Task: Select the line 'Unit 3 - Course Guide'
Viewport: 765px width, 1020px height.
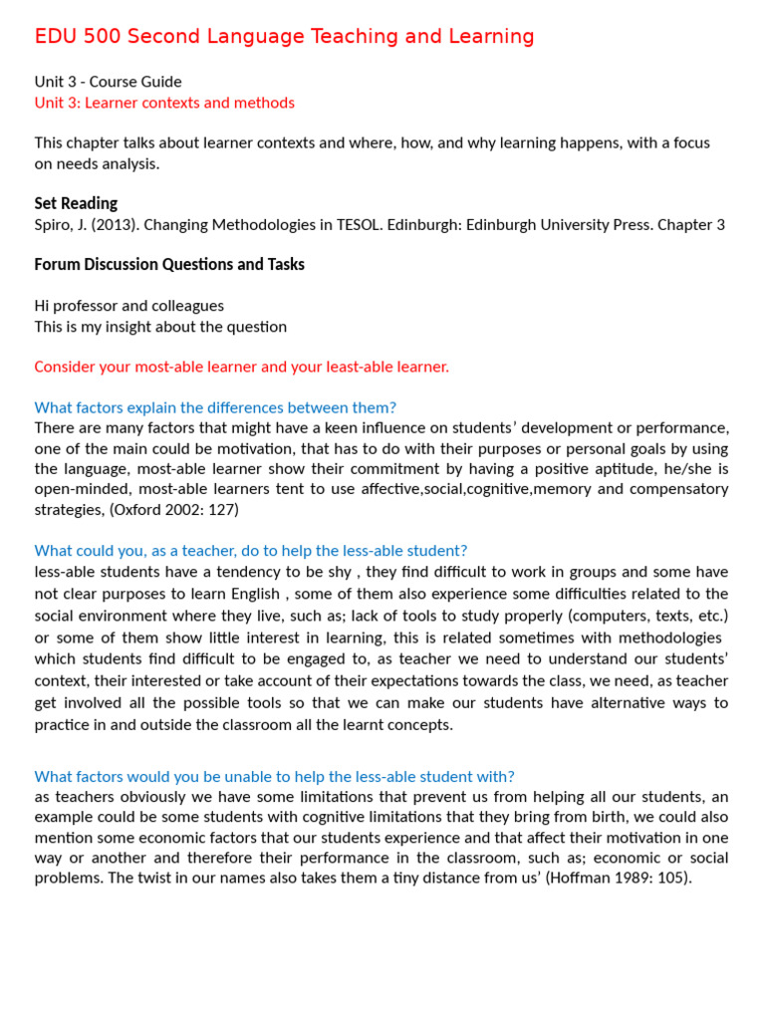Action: click(108, 82)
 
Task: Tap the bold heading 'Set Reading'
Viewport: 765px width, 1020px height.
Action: click(76, 203)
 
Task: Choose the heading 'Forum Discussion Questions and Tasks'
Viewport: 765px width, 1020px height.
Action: click(169, 264)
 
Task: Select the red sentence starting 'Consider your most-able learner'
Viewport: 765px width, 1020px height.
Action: click(241, 367)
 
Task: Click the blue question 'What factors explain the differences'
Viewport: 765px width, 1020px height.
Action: click(215, 407)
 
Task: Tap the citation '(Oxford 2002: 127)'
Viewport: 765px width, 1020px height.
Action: click(173, 509)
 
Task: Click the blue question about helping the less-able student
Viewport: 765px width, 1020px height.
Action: click(250, 551)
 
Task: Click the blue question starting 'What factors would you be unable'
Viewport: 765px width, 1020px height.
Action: click(274, 776)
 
